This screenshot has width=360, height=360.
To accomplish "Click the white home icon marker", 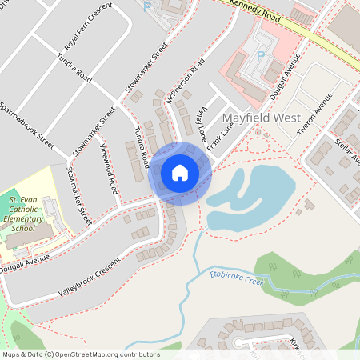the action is [x=179, y=173].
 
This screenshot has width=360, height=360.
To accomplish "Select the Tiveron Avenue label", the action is [x=314, y=113].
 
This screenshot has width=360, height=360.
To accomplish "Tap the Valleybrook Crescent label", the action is [x=88, y=278].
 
